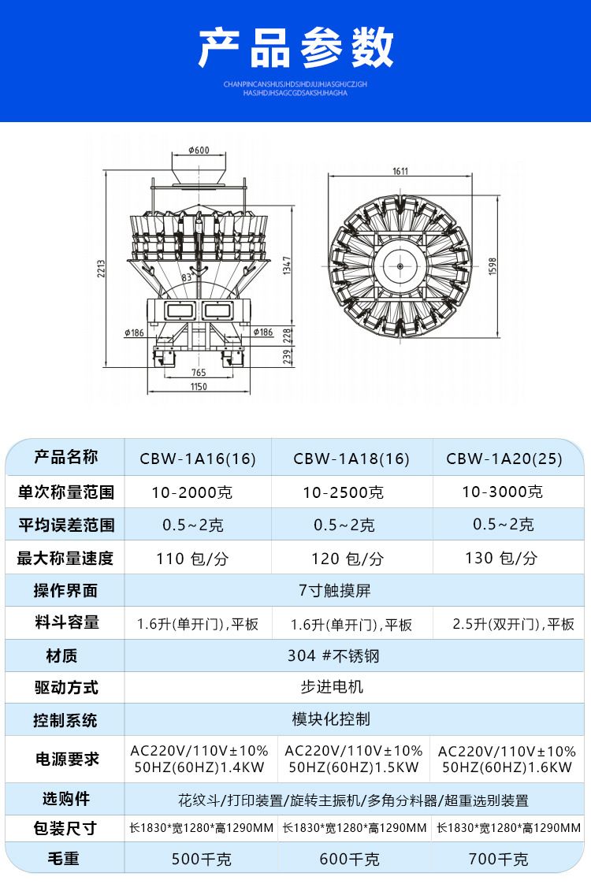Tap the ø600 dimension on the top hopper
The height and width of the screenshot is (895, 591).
pos(199,150)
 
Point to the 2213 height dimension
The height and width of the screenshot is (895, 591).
pos(101,269)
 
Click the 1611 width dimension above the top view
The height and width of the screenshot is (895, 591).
pos(400,171)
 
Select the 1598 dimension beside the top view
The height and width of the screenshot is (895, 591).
pos(492,266)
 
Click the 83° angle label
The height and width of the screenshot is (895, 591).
pos(188,277)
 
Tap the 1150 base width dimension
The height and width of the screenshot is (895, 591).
pos(198,387)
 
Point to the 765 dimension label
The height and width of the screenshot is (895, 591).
pos(198,373)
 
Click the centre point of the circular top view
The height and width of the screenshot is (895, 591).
pos(400,266)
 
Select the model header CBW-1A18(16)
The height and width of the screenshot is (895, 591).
pos(351,459)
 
